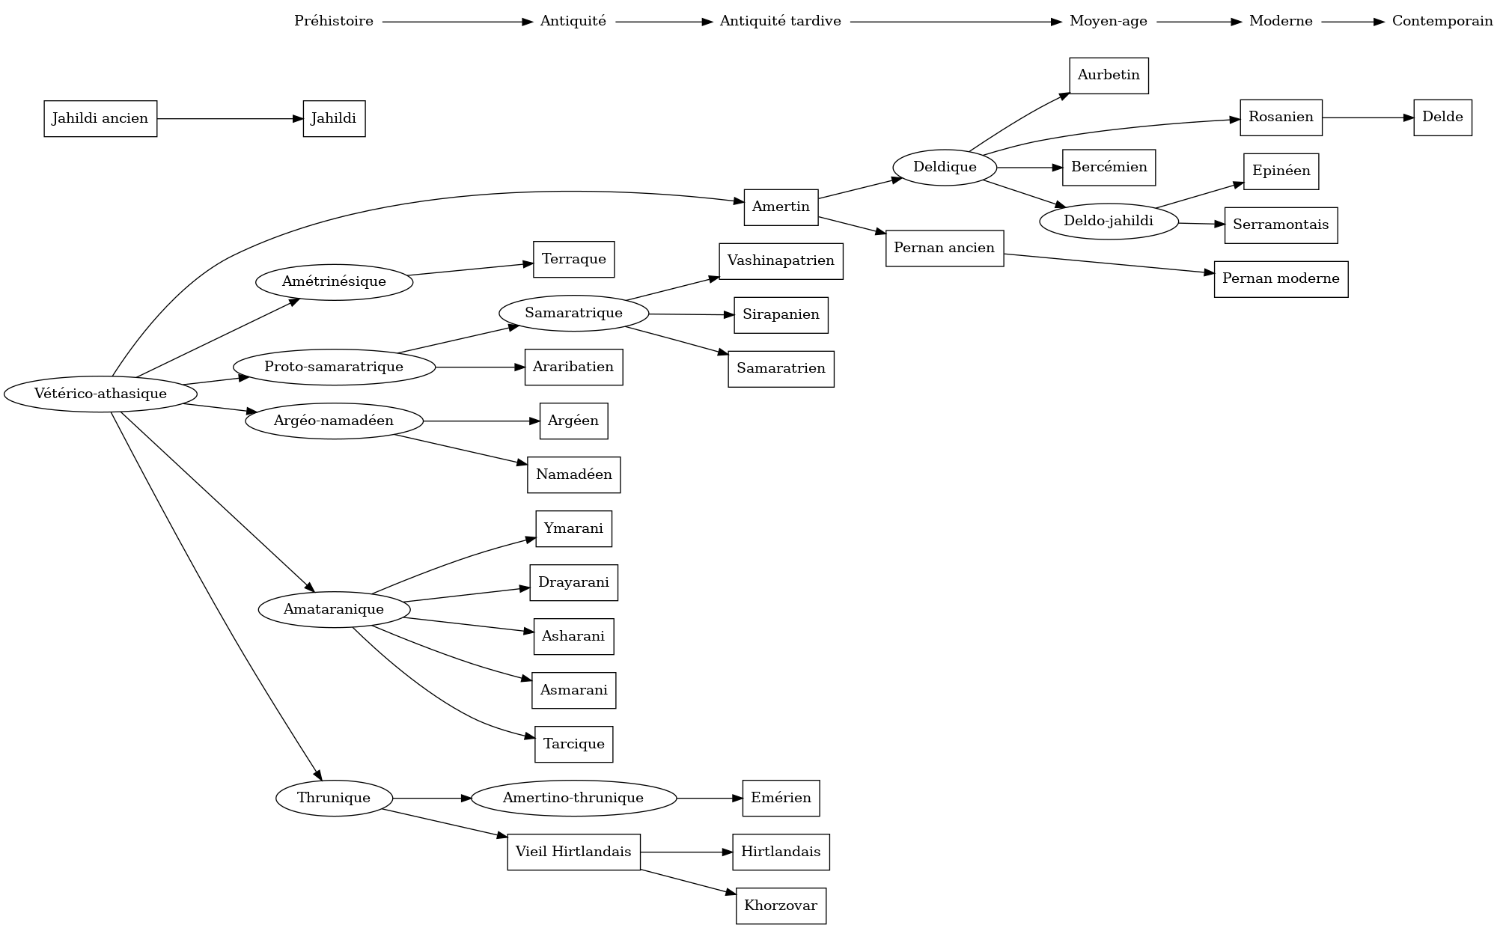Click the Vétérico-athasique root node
click(x=100, y=394)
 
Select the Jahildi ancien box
click(x=100, y=118)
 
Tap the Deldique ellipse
click(x=945, y=167)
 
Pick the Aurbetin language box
click(x=1109, y=75)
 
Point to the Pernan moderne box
click(x=1281, y=278)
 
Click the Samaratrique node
click(x=573, y=313)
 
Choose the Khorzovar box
click(x=781, y=906)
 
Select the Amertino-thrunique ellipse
click(x=573, y=798)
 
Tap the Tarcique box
click(x=573, y=744)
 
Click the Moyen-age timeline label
click(x=1108, y=21)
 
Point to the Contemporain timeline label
click(x=1442, y=21)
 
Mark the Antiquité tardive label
click(x=780, y=21)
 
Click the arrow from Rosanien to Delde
click(x=1368, y=117)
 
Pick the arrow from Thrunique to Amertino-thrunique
click(x=432, y=799)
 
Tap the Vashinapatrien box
click(x=781, y=260)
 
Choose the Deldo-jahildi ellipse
click(x=1109, y=222)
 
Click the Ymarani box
click(x=573, y=528)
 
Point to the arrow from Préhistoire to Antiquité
click(x=457, y=22)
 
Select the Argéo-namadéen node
click(x=334, y=421)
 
